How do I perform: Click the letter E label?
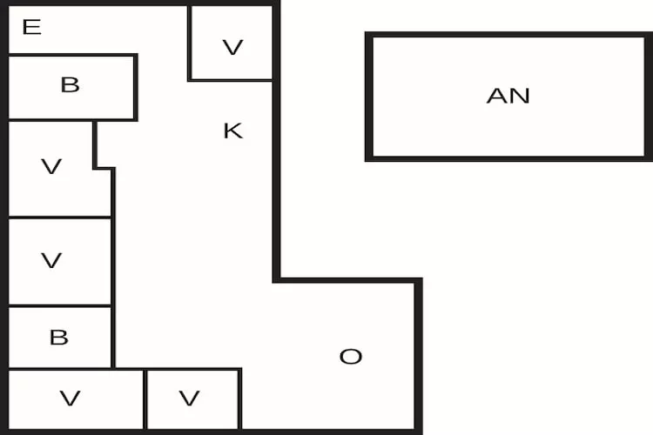[31, 27]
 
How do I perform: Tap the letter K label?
[232, 131]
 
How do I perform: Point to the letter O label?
[350, 357]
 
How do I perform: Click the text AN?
[508, 96]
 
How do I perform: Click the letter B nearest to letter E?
[71, 84]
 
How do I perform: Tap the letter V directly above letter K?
[232, 47]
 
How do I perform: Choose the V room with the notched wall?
[52, 187]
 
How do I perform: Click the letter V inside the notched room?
[51, 166]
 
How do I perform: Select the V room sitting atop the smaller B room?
[59, 278]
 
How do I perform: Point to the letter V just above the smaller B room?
[51, 260]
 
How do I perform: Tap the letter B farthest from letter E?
[58, 338]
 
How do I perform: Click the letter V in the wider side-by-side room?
[71, 398]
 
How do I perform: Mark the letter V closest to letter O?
[189, 398]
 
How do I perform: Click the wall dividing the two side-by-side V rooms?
[145, 398]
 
